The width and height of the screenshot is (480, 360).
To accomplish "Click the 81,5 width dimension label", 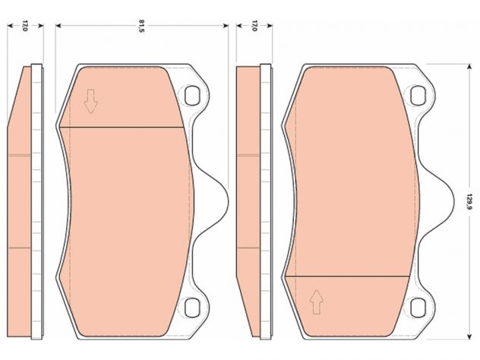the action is click(x=141, y=26).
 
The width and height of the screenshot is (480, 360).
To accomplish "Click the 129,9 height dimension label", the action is click(x=469, y=201).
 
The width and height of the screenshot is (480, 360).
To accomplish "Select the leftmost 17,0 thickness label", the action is click(x=25, y=26).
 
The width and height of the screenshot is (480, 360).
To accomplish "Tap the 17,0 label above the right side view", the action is click(x=254, y=26).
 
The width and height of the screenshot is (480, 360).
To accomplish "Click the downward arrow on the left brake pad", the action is click(x=90, y=101).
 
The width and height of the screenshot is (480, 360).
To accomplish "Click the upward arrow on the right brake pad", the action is click(x=317, y=302).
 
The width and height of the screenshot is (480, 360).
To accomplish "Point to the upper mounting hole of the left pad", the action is click(x=192, y=96).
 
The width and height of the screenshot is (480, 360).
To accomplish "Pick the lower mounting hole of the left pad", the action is click(x=192, y=308).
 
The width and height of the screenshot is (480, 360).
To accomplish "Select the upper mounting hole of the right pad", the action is click(x=418, y=96).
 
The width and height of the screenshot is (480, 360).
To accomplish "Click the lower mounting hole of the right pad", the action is click(x=418, y=308).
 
